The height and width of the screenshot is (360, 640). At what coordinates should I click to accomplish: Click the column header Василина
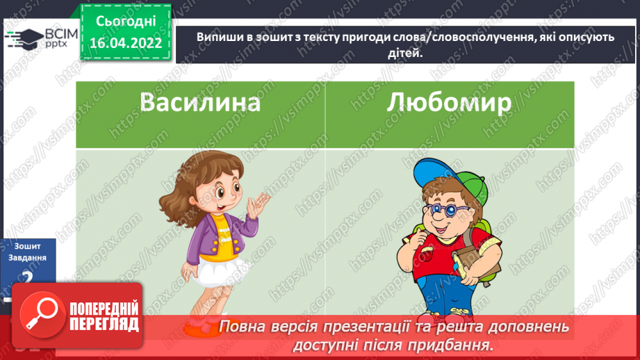tap(200, 103)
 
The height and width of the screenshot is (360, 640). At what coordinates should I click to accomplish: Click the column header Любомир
tap(449, 103)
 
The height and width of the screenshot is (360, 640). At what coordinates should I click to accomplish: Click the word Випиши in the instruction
tap(220, 38)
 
